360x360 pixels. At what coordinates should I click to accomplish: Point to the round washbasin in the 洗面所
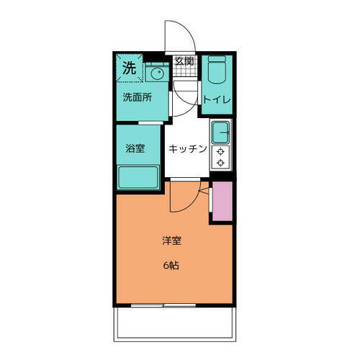157,74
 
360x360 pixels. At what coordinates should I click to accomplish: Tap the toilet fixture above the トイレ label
216,72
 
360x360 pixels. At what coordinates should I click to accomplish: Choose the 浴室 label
135,149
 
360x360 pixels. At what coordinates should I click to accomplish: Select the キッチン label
188,149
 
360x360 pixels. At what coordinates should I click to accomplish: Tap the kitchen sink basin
220,132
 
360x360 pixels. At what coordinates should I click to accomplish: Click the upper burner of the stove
220,152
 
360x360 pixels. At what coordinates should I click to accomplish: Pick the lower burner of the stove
220,163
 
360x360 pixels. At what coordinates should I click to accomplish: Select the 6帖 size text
171,266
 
